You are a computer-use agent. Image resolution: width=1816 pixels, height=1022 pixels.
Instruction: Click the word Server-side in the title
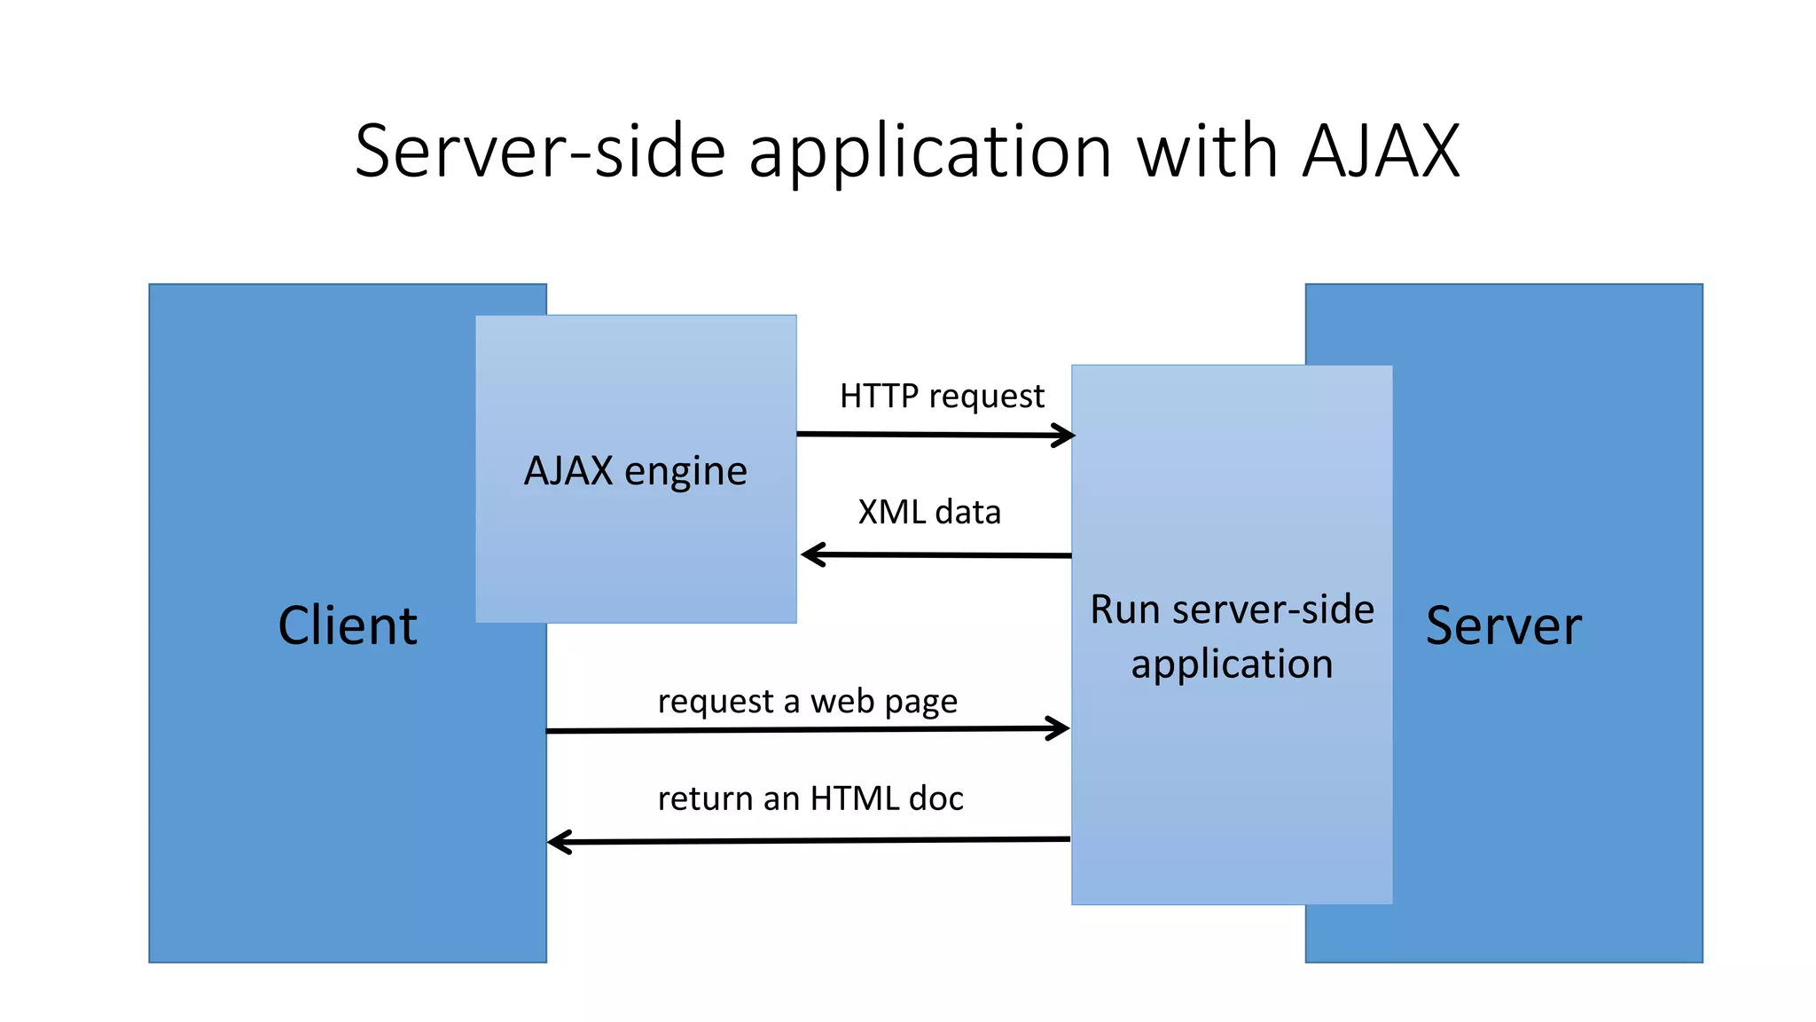[540, 152]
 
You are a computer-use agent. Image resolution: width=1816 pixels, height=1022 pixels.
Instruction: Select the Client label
[347, 625]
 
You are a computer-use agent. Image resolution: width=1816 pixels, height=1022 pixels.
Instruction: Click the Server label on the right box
[1503, 625]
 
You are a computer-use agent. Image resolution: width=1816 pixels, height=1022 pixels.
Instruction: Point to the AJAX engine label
[635, 470]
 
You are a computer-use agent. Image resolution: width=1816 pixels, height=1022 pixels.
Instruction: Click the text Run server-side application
[1232, 636]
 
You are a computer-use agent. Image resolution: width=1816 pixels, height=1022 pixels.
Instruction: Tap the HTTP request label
[942, 396]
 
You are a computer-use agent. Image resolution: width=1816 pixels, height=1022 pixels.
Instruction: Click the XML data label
[929, 512]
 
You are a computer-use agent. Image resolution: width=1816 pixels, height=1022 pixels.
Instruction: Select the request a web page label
[807, 702]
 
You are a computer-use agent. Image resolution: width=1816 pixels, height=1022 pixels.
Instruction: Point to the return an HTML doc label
[810, 798]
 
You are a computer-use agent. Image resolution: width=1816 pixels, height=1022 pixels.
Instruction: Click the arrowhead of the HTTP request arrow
[1067, 435]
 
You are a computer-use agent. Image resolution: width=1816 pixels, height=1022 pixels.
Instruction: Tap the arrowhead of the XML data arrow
[810, 554]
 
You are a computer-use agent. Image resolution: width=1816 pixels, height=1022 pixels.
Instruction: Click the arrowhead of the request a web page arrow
[1061, 728]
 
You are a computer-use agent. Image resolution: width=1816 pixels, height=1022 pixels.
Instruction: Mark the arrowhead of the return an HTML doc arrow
[557, 842]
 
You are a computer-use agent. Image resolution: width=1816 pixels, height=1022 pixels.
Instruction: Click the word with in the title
[1207, 152]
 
